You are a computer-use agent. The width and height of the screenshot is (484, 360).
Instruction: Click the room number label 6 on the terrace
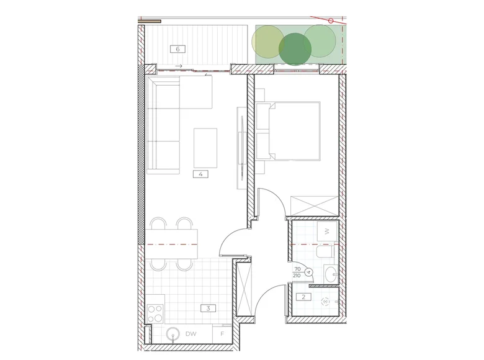point(178,49)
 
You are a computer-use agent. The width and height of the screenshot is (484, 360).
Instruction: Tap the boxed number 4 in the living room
point(200,174)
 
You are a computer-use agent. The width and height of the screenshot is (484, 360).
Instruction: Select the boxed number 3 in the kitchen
point(208,308)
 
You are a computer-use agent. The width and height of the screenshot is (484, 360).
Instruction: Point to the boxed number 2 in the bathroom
point(303,297)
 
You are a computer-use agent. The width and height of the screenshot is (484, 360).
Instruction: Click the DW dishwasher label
point(191,334)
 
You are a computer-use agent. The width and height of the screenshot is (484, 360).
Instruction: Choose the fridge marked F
point(222,334)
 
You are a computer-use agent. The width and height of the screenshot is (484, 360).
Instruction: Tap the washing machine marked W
point(327,232)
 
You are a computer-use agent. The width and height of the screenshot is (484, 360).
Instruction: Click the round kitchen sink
point(173,334)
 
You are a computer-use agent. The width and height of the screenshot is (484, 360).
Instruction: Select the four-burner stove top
point(155,313)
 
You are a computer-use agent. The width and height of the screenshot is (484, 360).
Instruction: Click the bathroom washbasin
point(331,273)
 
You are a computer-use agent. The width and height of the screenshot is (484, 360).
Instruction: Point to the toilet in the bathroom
point(325,251)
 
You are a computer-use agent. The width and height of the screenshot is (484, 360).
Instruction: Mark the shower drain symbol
point(325,302)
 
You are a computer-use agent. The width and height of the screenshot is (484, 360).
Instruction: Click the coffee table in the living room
point(205,148)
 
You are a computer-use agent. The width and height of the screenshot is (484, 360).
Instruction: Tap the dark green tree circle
point(295,49)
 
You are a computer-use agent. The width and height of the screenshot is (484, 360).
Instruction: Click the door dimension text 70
point(298,269)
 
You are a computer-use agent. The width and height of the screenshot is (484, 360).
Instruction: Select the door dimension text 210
point(297,276)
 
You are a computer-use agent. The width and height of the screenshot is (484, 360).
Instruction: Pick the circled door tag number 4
point(308,272)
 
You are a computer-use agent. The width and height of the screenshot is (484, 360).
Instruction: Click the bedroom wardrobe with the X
point(315,205)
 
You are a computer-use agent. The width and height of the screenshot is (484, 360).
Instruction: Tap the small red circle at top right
point(331,21)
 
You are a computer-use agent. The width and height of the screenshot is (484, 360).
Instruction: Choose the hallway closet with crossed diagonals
point(244,289)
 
